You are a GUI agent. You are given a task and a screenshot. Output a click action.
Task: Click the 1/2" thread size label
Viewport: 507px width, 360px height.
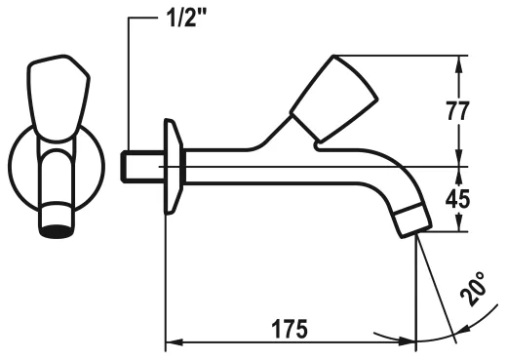point(185,19)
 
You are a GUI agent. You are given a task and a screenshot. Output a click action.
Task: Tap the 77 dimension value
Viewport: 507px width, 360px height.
point(457,111)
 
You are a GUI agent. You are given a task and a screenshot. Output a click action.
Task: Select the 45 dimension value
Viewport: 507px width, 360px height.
point(457,198)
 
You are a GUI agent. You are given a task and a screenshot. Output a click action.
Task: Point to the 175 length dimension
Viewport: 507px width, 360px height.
point(290,329)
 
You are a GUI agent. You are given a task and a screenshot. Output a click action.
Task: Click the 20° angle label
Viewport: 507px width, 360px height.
point(474,289)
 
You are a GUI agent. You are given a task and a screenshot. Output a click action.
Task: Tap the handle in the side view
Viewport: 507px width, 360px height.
point(333,100)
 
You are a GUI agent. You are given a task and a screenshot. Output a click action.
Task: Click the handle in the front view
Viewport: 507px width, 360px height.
point(58,99)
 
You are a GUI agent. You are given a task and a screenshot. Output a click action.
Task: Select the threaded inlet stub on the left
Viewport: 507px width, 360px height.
point(142,167)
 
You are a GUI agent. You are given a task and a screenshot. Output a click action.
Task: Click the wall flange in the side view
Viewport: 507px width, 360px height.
point(174,167)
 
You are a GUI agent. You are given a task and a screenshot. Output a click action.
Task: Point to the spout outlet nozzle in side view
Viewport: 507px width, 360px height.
point(413,220)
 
